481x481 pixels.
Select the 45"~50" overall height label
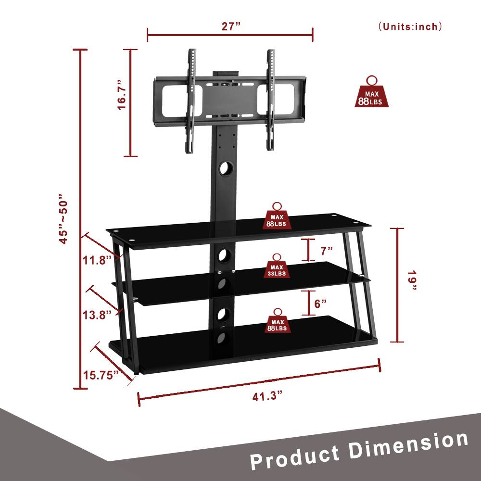pos(65,219)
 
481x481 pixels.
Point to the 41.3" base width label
pos(267,397)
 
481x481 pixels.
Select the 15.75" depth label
pos(100,375)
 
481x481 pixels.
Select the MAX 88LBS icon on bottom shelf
pos(277,321)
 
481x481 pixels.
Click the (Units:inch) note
pos(410,26)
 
